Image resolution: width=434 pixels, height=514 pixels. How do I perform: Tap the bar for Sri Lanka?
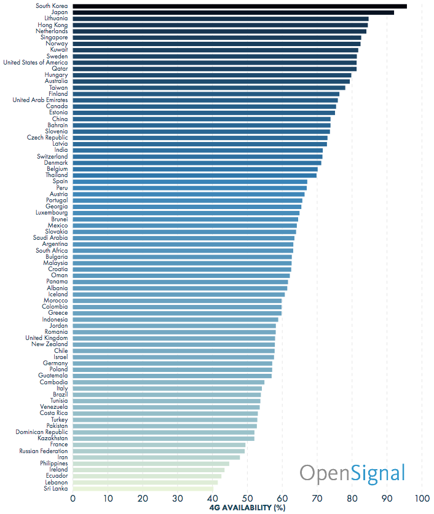pos(143,488)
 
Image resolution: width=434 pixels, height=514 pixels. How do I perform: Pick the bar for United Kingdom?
pos(174,338)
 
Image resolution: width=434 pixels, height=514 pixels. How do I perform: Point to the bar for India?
pos(198,150)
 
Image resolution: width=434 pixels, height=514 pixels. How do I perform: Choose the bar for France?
pos(159,445)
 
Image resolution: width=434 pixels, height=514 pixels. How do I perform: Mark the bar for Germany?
pos(172,363)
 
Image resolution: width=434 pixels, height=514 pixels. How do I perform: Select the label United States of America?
pos(36,62)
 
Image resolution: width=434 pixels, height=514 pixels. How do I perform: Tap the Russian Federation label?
pos(43,451)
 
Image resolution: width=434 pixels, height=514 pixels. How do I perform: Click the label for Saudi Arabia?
pos(50,238)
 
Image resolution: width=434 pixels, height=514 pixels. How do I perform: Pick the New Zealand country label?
pos(50,344)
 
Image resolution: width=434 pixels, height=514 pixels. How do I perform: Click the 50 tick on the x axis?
pos(247,499)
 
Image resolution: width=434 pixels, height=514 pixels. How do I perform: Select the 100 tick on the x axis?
pos(422,499)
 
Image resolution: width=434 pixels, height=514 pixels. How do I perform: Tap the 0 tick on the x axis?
pos(73,499)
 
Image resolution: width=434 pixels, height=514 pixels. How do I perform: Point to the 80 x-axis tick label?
pos(352,499)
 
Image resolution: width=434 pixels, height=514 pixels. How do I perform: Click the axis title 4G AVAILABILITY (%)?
pos(247,508)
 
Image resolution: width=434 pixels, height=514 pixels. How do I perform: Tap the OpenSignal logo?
pos(352,473)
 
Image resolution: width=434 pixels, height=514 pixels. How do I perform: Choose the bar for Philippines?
pos(151,464)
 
